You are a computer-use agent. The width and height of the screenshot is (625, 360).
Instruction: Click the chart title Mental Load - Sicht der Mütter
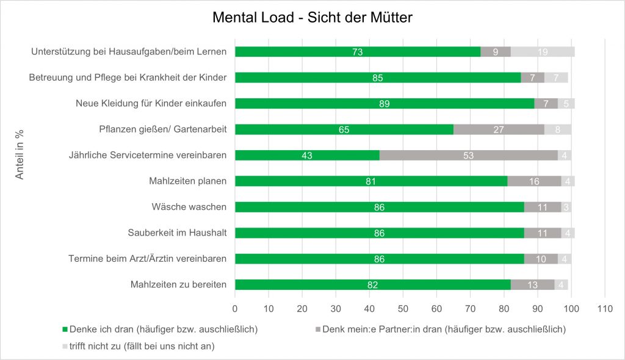click(x=312, y=18)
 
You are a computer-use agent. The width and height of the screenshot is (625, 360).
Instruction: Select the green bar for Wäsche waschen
click(x=379, y=207)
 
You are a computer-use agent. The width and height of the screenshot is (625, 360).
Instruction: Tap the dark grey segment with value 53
click(x=469, y=155)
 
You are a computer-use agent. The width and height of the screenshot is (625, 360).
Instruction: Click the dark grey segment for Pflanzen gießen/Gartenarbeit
click(x=499, y=129)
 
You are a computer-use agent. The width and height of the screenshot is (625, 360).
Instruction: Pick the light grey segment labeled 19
click(x=543, y=52)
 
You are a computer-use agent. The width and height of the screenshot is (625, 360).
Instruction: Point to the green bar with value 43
click(x=307, y=155)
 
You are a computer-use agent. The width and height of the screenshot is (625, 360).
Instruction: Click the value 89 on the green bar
click(x=384, y=104)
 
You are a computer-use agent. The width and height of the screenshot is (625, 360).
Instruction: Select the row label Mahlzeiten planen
click(x=187, y=181)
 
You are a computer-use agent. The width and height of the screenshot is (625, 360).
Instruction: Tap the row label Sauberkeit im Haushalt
click(x=177, y=233)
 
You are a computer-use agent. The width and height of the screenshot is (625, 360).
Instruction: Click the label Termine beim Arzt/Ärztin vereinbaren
click(x=147, y=259)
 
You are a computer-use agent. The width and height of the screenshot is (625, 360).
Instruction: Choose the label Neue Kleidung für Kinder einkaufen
click(x=151, y=104)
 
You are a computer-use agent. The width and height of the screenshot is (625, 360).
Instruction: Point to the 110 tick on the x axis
click(x=604, y=309)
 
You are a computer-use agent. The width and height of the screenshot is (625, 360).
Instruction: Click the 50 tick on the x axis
click(x=403, y=309)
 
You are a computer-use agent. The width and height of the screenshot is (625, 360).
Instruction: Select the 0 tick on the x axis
click(x=235, y=309)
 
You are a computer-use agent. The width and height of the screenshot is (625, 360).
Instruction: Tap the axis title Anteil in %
click(x=20, y=155)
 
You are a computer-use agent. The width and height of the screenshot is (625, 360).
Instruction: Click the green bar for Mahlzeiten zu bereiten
click(x=372, y=284)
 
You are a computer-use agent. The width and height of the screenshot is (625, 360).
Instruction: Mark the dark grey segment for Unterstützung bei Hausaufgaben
click(x=496, y=52)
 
